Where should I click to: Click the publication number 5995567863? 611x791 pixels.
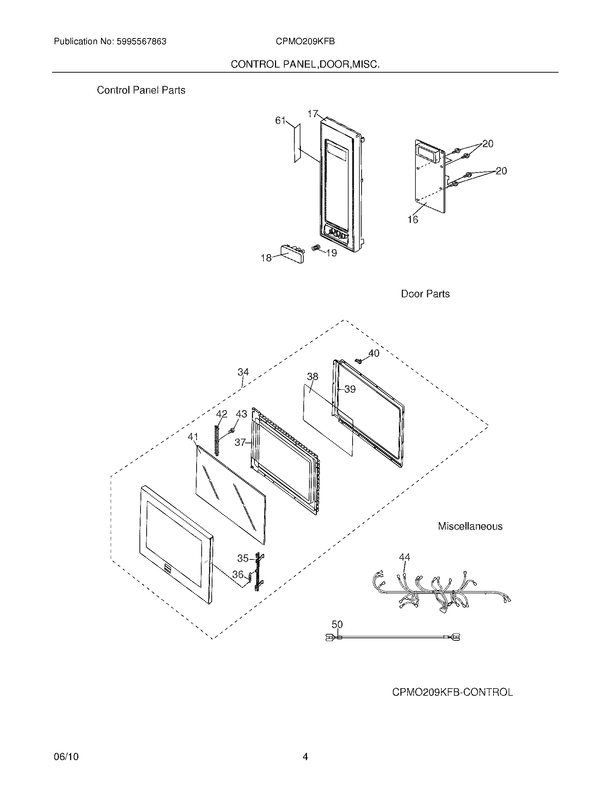click(141, 42)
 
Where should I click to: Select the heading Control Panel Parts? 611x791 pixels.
click(141, 90)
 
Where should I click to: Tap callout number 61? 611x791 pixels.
click(281, 120)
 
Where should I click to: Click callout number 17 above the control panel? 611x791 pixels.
click(312, 114)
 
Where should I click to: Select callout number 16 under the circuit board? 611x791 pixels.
click(413, 219)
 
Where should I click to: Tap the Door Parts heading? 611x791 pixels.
click(425, 294)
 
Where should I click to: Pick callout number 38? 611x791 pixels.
click(312, 377)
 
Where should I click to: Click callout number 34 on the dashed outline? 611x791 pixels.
click(243, 372)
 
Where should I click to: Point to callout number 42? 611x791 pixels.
click(221, 414)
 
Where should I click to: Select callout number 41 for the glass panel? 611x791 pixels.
click(193, 437)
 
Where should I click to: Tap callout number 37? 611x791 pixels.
click(240, 442)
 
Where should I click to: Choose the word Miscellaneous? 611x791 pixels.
click(470, 526)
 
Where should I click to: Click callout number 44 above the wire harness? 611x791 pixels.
click(404, 557)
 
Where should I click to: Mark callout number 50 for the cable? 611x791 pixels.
click(337, 624)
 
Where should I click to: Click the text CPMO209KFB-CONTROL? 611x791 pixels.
click(452, 692)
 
